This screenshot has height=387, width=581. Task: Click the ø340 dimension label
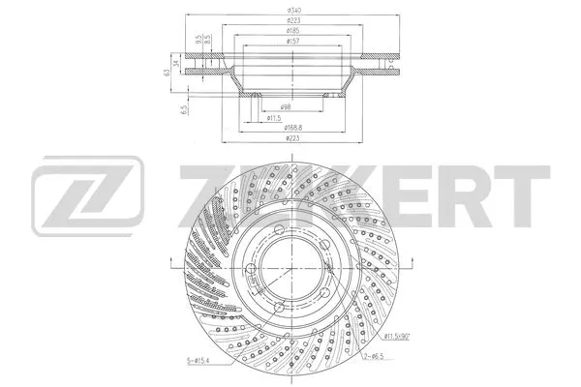[x=290, y=12]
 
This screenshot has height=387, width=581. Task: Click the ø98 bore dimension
[x=287, y=105]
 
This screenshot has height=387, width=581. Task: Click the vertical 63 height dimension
[x=166, y=71]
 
